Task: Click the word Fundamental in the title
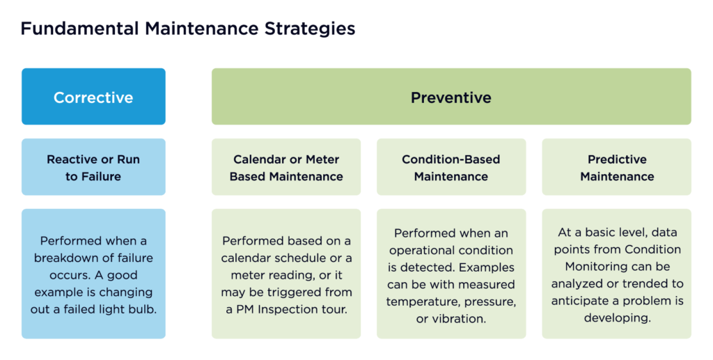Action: point(79,29)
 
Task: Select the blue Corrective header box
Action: point(94,96)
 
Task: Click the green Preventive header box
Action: point(451,96)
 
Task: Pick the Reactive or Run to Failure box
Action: point(94,167)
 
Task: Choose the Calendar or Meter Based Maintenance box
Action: point(286,167)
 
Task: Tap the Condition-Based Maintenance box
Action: point(451,167)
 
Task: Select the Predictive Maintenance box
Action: point(617,167)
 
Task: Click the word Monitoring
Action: point(595,267)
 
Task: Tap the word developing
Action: point(617,318)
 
